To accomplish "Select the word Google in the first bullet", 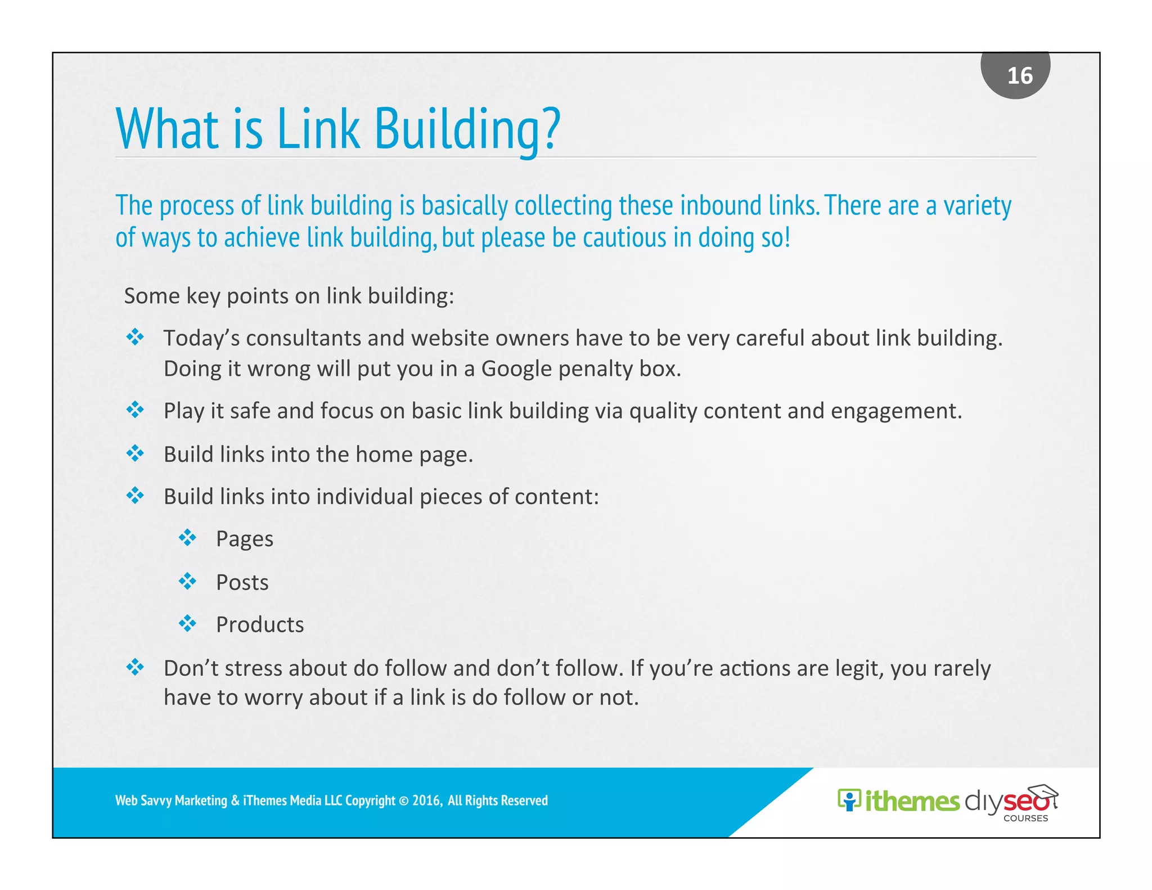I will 516,369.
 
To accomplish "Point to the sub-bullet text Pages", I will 245,539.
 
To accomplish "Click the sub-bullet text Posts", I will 242,582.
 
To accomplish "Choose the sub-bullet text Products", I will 260,624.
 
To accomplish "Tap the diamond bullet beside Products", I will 187,623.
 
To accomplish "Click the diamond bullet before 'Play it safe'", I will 135,410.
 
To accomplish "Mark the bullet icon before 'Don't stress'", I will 135,667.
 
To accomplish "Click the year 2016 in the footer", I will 426,801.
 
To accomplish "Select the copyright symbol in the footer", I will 403,801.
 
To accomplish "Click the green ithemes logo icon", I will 849,800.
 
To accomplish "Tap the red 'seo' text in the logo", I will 1025,801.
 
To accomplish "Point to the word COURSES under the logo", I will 1025,819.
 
